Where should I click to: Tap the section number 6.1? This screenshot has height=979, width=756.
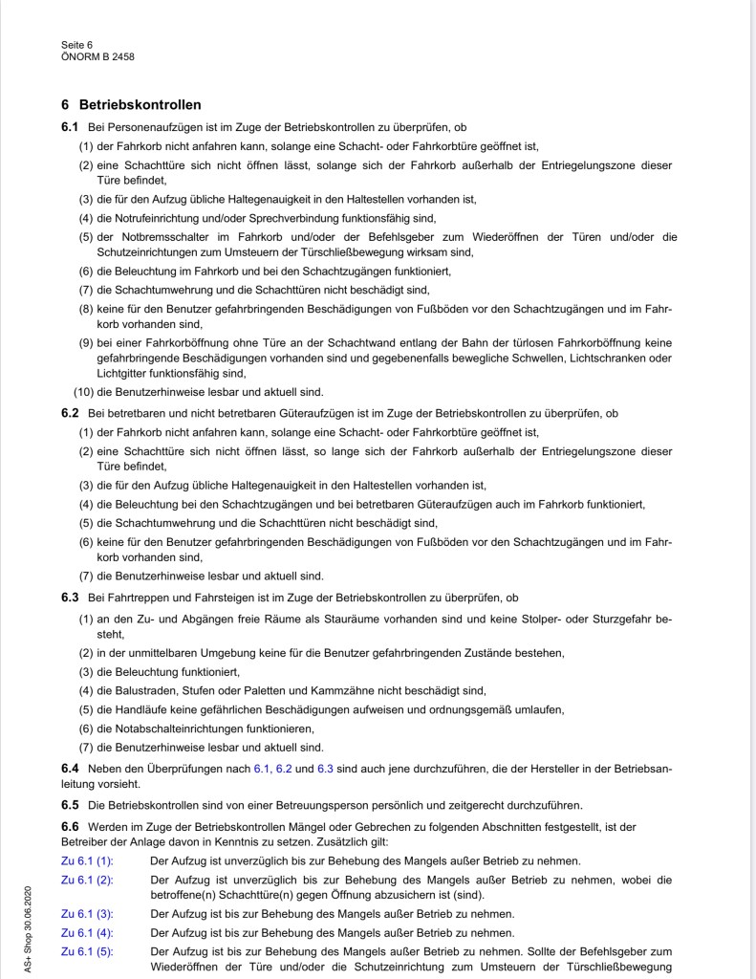pyautogui.click(x=70, y=127)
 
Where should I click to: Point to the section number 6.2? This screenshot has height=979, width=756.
pyautogui.click(x=70, y=413)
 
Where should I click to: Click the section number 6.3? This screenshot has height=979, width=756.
pyautogui.click(x=70, y=598)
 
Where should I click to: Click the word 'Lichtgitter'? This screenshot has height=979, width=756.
pyautogui.click(x=121, y=374)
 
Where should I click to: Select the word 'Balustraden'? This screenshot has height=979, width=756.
pyautogui.click(x=146, y=690)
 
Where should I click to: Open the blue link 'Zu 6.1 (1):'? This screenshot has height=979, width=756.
pyautogui.click(x=87, y=860)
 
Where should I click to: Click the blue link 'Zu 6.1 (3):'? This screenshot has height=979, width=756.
pyautogui.click(x=87, y=914)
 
